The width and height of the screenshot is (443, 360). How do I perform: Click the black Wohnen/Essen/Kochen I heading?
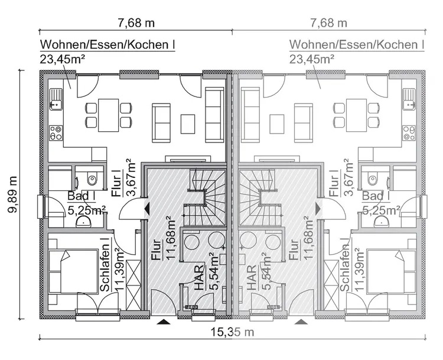(108, 45)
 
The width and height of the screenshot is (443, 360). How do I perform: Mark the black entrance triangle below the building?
(163, 322)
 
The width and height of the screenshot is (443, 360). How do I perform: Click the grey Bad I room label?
(372, 196)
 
